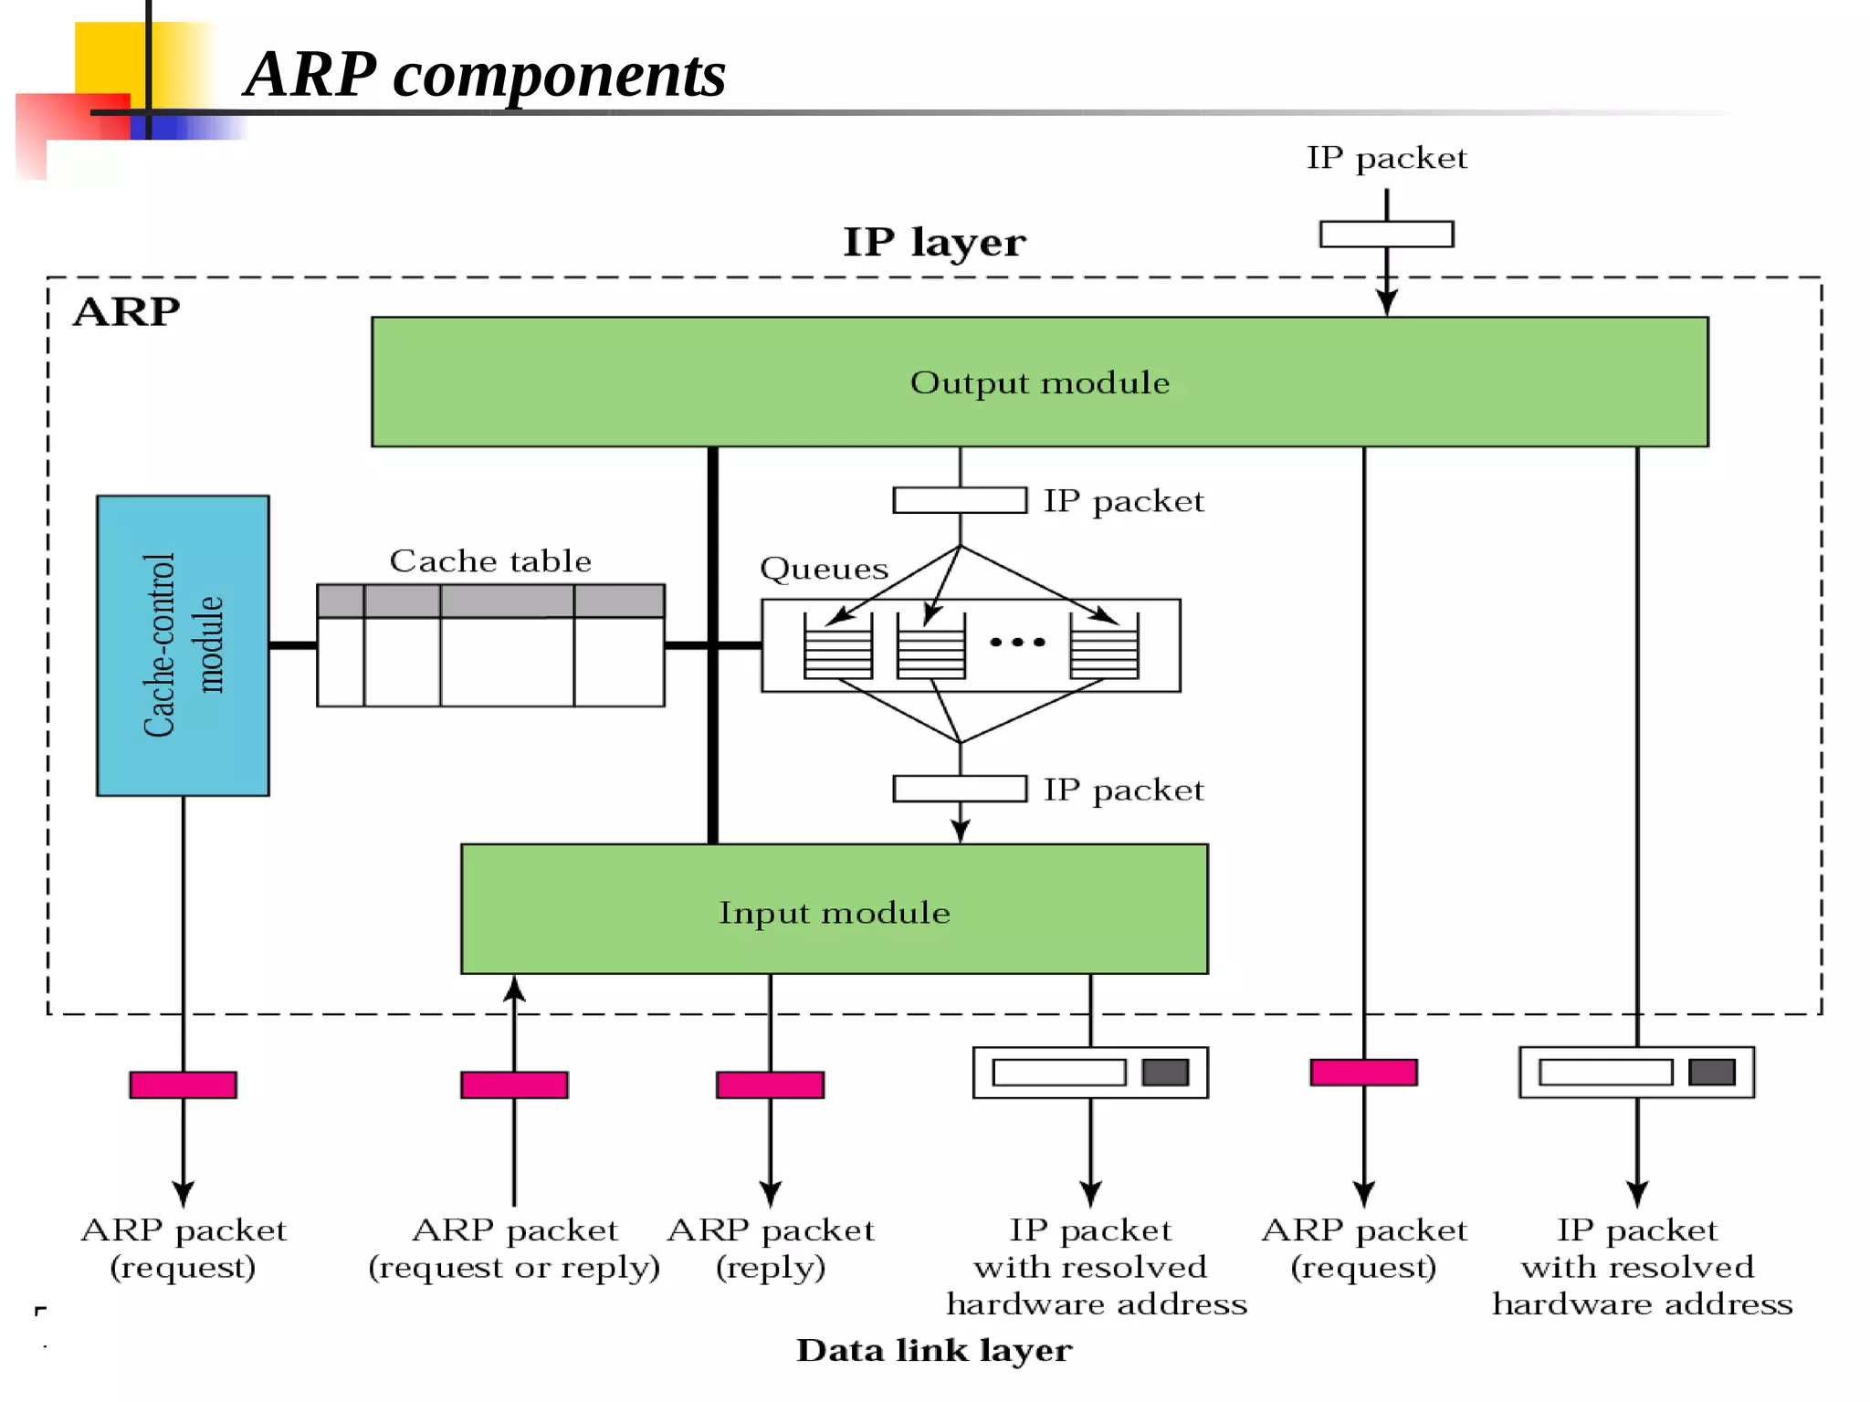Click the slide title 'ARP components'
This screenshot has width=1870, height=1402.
point(485,75)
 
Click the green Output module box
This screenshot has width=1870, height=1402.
point(1039,382)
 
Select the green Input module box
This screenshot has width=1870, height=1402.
point(834,910)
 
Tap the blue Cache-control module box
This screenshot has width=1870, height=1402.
point(183,645)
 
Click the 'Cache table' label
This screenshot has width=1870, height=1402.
point(490,560)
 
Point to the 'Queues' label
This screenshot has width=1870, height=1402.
point(824,569)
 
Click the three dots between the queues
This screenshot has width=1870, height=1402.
point(1017,643)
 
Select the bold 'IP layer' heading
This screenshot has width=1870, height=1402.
point(934,243)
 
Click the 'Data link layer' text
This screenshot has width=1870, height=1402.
point(934,1350)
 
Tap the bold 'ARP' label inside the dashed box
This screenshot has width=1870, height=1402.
point(126,312)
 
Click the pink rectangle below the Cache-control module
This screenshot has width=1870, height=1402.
point(183,1084)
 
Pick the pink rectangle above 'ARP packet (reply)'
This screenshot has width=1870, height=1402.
point(770,1084)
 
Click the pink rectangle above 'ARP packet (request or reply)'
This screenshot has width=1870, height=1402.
point(514,1084)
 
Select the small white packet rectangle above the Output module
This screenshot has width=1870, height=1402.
point(1386,235)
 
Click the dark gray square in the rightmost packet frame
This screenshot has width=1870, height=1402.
point(1711,1072)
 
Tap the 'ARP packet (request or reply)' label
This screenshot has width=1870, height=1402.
point(514,1248)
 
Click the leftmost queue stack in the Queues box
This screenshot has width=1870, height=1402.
point(837,646)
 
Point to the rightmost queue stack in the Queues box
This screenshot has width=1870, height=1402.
point(1104,646)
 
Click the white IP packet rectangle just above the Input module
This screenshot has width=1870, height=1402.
point(960,789)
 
